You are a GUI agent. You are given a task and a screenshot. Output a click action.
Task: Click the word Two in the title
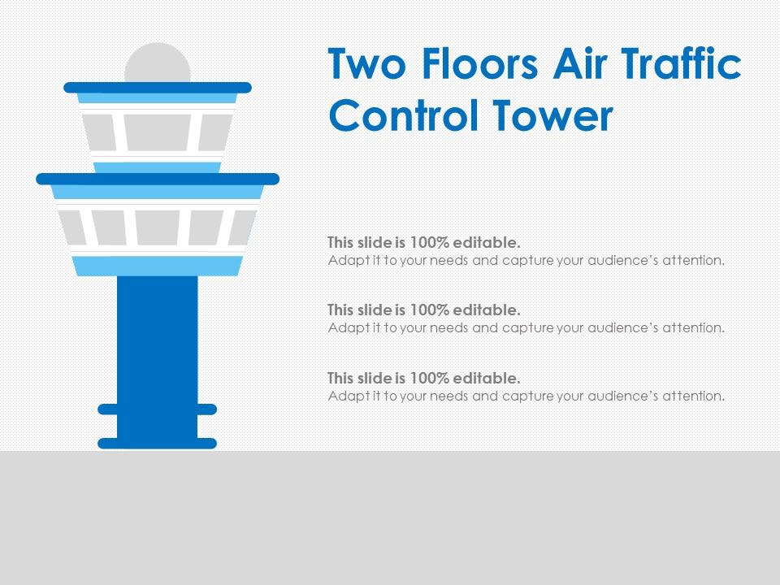pos(366,66)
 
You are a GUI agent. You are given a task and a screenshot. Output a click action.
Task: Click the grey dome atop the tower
pos(158,64)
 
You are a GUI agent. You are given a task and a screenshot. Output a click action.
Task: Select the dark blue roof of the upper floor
pos(158,87)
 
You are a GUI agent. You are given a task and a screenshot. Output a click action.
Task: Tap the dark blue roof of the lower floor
pos(158,178)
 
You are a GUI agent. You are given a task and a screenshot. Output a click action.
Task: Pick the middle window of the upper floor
pos(158,132)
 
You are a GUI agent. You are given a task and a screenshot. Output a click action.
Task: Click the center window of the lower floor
pos(158,227)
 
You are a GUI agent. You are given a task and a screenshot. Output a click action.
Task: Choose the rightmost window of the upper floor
pos(214,132)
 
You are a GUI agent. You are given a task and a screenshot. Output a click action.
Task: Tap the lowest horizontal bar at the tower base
pos(158,444)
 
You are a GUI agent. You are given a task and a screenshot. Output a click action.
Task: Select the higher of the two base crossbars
pos(158,409)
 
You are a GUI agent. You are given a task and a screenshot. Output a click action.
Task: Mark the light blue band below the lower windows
pos(158,266)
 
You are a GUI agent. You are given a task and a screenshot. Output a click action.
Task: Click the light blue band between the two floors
pos(158,167)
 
